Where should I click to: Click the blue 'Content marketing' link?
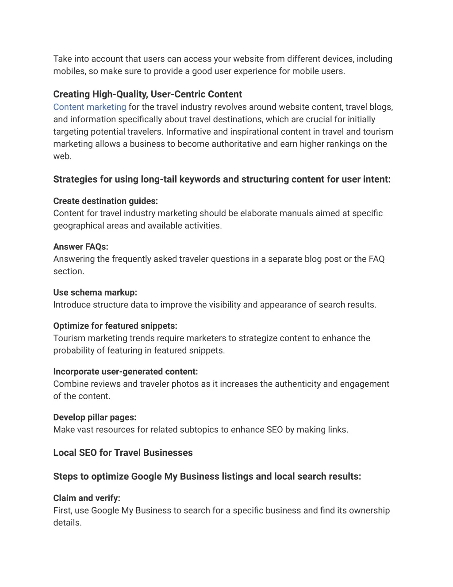click(x=89, y=107)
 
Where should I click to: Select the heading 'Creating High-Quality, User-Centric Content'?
click(x=147, y=94)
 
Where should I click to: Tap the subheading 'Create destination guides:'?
click(x=105, y=201)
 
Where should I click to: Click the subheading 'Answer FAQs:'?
click(x=81, y=247)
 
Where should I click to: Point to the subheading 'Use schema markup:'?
click(x=95, y=292)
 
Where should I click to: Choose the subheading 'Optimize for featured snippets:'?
click(x=115, y=326)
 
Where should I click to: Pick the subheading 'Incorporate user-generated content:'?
click(x=125, y=372)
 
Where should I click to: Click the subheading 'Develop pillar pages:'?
click(x=95, y=417)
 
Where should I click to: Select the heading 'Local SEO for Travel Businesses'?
click(x=123, y=453)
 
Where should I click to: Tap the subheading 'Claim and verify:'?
click(x=87, y=498)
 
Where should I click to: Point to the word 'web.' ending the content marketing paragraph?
click(x=62, y=156)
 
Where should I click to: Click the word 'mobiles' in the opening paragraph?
click(x=69, y=71)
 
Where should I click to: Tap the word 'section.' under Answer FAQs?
click(x=69, y=272)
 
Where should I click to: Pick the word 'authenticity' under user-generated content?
click(x=297, y=384)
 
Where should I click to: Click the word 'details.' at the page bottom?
click(x=67, y=523)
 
